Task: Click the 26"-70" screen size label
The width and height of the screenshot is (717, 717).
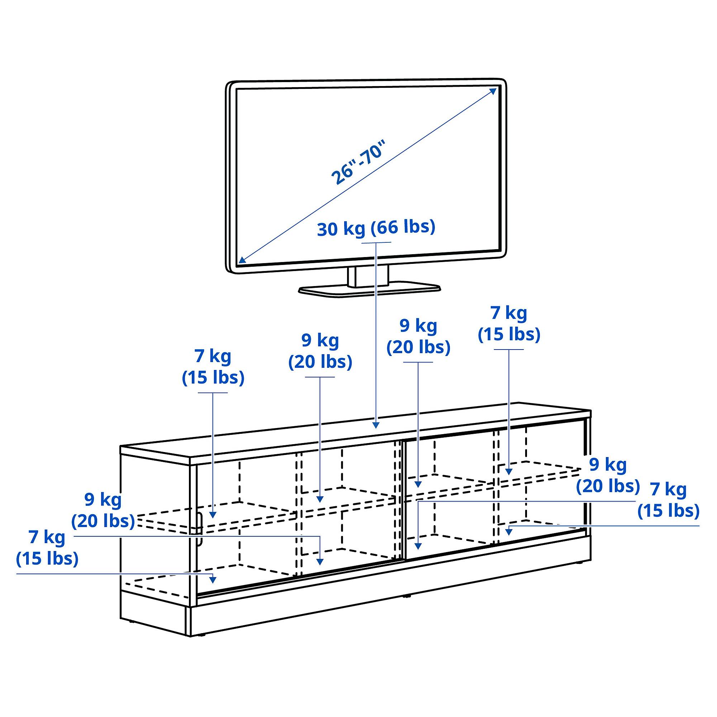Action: click(x=358, y=162)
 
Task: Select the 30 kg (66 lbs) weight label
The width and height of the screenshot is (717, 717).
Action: click(x=376, y=228)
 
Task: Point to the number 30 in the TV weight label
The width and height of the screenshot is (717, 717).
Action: click(x=327, y=229)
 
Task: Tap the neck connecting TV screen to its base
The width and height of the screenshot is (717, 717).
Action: click(x=368, y=276)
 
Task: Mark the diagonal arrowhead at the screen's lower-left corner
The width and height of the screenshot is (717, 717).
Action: click(x=242, y=260)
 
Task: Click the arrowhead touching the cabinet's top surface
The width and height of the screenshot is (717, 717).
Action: click(x=376, y=424)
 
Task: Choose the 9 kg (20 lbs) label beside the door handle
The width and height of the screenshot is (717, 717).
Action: click(x=103, y=510)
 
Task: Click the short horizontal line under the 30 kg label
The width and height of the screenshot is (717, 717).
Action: click(x=376, y=242)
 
